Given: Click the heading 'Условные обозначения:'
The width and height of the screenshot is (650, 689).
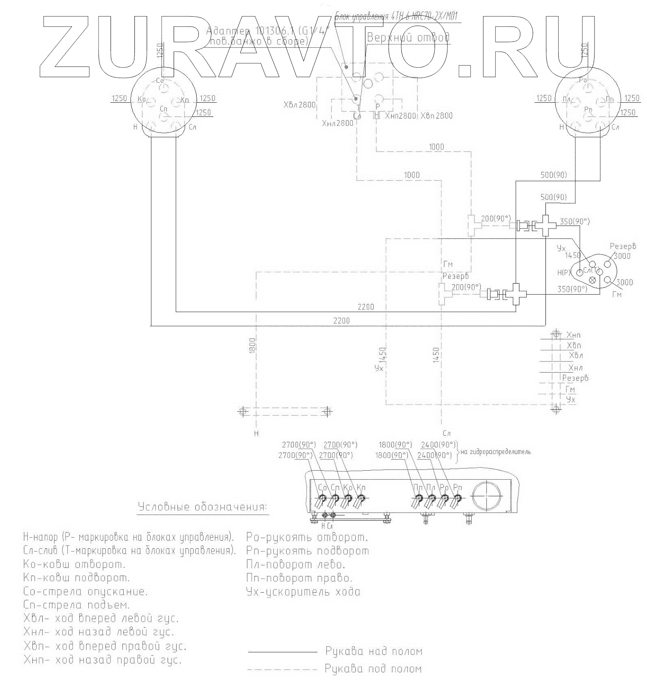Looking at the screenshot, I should [x=203, y=507].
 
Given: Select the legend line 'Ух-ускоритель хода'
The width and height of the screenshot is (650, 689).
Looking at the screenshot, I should [x=303, y=592].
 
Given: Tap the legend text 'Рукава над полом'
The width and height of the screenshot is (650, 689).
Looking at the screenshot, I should [x=374, y=651].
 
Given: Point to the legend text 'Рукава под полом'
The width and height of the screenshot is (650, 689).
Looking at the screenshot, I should [x=373, y=669].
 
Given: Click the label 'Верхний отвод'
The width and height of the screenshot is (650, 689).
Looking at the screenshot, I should [x=408, y=38].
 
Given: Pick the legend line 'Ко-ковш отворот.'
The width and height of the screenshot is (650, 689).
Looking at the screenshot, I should [x=75, y=565].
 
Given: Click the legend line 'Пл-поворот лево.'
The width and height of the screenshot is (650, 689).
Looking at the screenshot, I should [x=296, y=565].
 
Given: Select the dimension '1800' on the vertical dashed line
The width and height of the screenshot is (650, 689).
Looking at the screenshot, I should [x=252, y=345].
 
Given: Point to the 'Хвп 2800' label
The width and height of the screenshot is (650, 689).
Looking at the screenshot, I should [x=436, y=116].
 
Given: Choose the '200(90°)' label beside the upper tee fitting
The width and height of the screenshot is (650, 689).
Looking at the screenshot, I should [x=495, y=219].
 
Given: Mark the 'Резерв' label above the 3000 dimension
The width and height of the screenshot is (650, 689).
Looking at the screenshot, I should [x=623, y=246].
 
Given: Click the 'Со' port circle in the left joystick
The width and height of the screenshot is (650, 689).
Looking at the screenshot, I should [x=162, y=87].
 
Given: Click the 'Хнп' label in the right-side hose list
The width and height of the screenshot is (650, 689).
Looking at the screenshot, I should [x=573, y=335].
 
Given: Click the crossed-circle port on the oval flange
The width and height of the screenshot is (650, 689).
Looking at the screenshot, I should [x=592, y=280].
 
